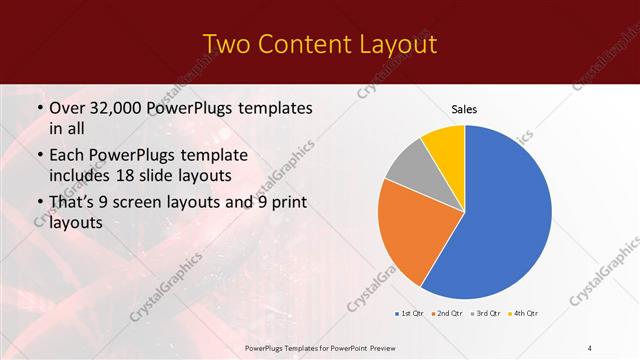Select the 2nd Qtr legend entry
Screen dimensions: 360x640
(447, 315)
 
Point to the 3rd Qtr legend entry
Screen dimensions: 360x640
(486, 315)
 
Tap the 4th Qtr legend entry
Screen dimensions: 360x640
(524, 315)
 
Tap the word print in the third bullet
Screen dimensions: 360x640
(289, 205)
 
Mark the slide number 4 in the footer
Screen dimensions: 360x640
(590, 347)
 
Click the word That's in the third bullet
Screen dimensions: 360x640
(73, 205)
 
